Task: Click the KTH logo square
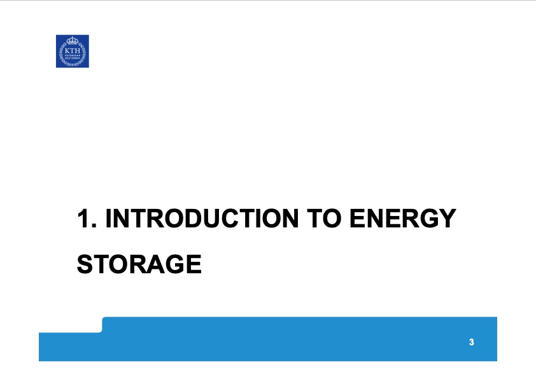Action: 72,51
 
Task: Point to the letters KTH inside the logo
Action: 72,50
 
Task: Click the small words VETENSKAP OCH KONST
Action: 72,57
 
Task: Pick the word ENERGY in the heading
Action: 402,219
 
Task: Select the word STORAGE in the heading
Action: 139,264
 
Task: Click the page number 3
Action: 471,343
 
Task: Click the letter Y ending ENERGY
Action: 448,219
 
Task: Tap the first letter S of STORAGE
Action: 85,264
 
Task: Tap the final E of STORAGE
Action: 194,264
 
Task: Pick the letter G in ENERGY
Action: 429,219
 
